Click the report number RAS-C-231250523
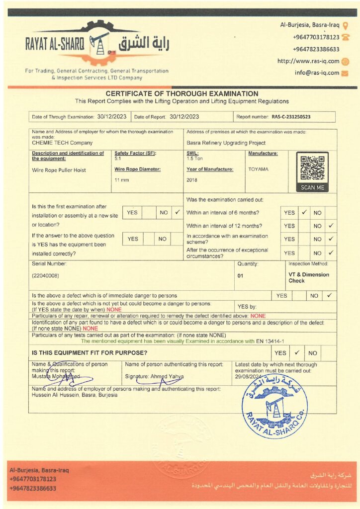(291, 117)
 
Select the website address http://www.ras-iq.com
(308, 61)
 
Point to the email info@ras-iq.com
(317, 73)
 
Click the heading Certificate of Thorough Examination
(182, 93)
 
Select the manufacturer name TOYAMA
(258, 170)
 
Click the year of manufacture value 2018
(192, 180)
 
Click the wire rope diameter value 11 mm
(121, 179)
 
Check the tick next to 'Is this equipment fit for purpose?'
(296, 352)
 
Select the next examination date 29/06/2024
(248, 377)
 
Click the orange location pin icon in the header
(346, 25)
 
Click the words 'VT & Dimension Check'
(308, 277)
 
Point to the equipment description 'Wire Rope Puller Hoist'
(59, 170)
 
